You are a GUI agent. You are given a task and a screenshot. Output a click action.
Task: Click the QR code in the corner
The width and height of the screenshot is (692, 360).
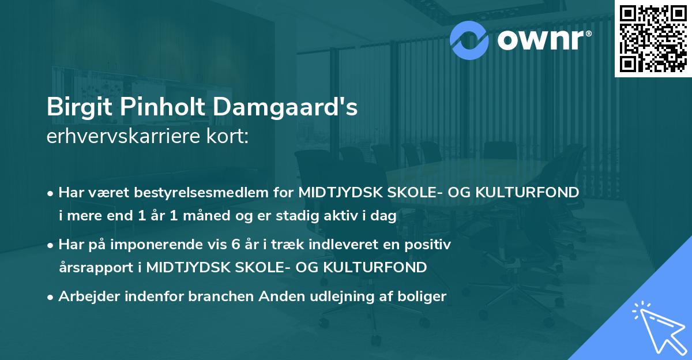tap(653, 38)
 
